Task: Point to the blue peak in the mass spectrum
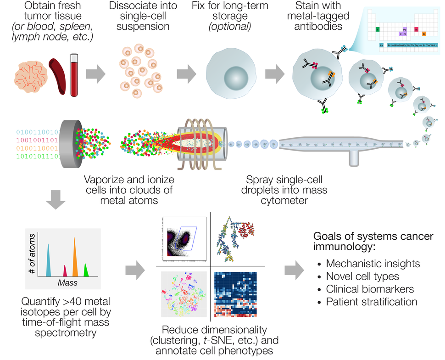[48, 261]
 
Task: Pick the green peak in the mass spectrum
[86, 270]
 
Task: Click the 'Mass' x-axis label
[67, 283]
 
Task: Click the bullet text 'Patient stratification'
[372, 302]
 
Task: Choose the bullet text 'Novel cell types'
[362, 276]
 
